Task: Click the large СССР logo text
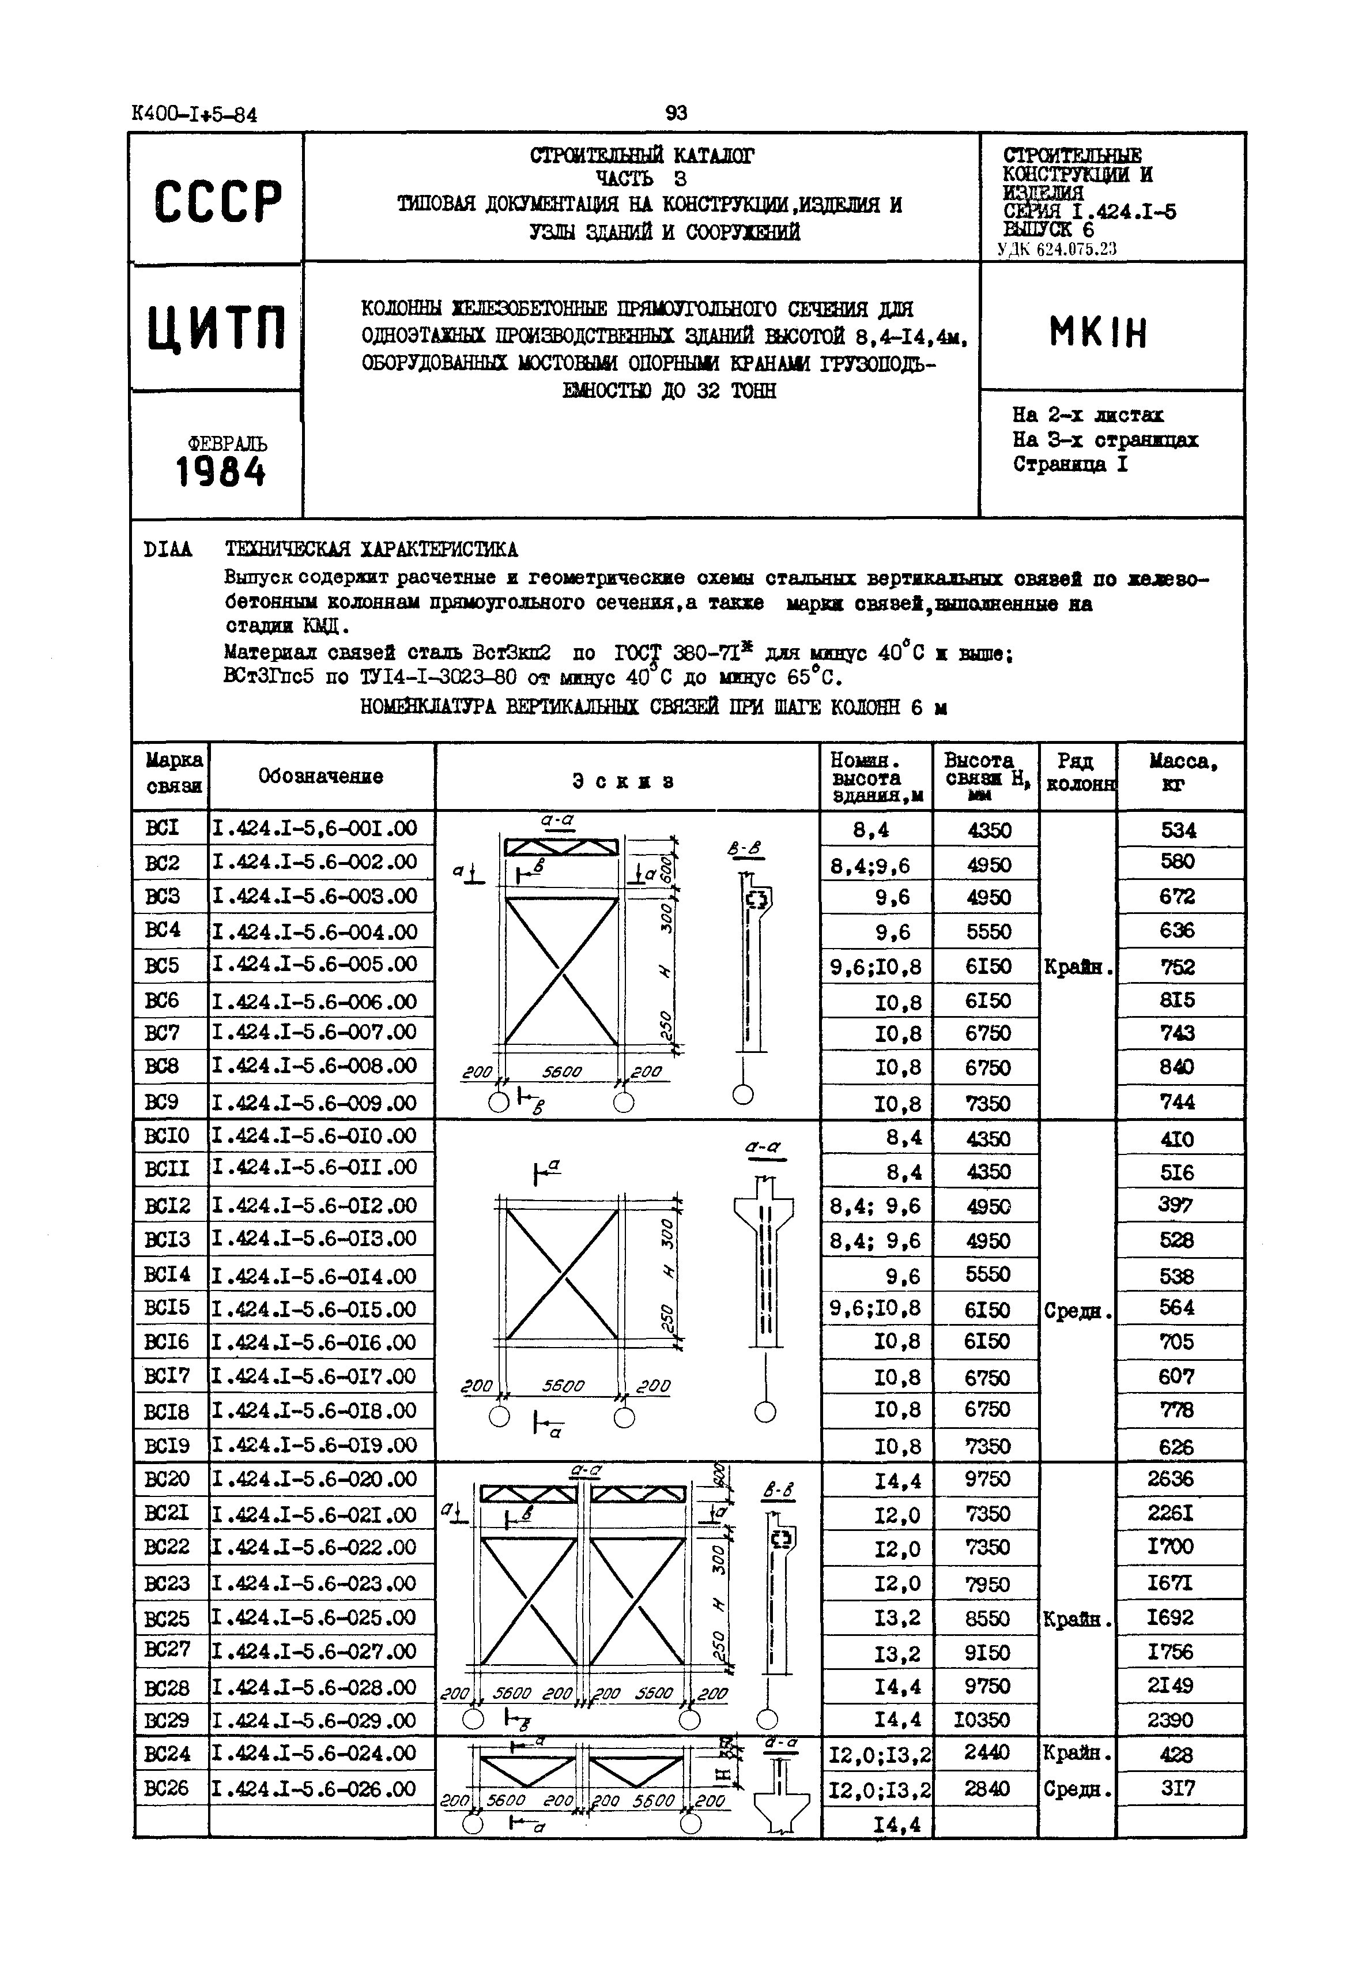218,201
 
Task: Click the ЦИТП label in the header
217,329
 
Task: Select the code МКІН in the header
1099,332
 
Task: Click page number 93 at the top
676,112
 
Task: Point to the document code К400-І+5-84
195,114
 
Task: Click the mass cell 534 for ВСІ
1179,830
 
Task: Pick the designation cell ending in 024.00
314,1753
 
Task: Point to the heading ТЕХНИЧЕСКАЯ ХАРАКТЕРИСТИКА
371,549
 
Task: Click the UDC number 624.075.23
1072,249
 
